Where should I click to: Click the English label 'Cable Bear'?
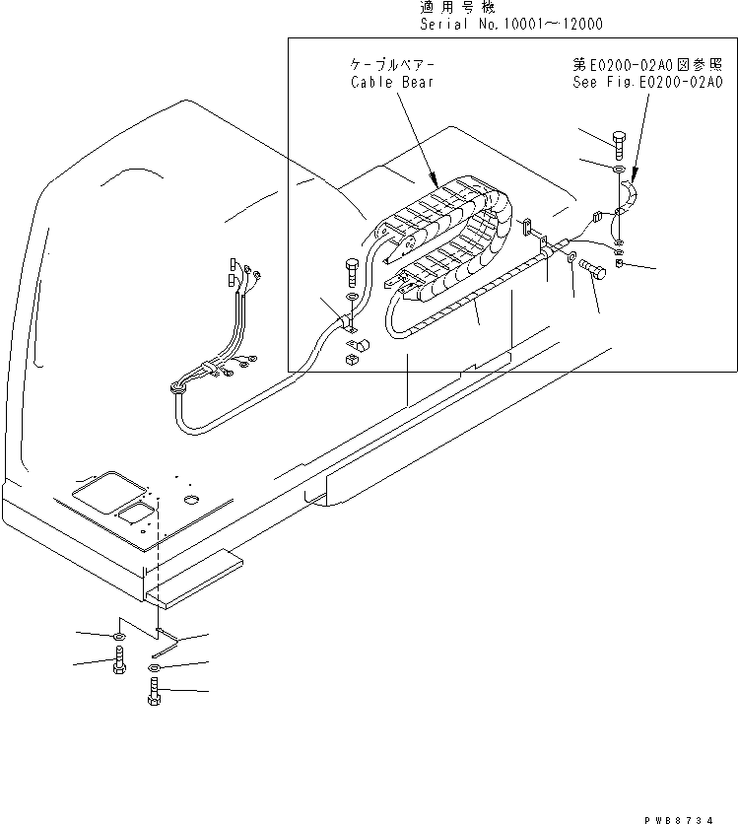pos(391,82)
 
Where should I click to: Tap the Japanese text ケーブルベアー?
pos(391,65)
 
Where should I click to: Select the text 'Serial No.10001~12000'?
pos(511,24)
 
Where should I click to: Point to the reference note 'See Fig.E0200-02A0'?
pos(648,82)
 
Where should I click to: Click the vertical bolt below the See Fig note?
pos(619,145)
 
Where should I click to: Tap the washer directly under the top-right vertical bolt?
pos(619,171)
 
